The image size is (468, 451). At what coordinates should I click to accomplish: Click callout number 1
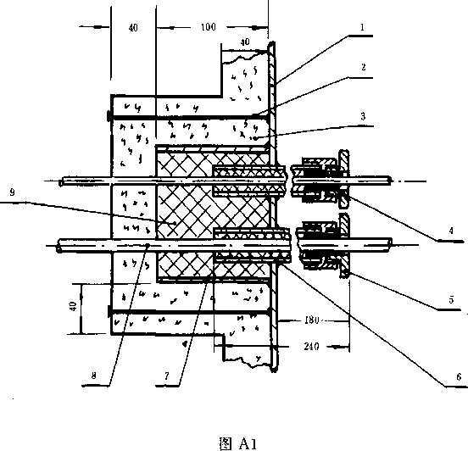[362, 27]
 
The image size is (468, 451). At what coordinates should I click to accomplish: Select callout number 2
[363, 67]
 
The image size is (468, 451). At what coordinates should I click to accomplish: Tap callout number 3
[363, 116]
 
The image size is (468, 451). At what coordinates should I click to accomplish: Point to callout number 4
[451, 231]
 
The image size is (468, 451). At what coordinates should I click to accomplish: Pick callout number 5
[451, 299]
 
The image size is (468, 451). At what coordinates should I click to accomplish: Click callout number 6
[459, 377]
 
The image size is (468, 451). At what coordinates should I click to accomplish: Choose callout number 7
[167, 376]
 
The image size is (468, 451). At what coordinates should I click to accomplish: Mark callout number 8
[94, 376]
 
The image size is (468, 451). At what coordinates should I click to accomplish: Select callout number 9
[12, 192]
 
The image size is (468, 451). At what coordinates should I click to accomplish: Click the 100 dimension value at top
[208, 27]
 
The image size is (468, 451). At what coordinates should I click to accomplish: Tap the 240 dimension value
[311, 346]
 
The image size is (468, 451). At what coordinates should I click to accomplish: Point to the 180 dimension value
[312, 320]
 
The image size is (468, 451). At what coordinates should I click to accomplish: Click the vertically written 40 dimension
[73, 307]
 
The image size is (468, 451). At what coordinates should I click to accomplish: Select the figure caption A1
[238, 443]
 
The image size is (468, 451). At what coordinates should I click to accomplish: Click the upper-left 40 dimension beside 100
[133, 27]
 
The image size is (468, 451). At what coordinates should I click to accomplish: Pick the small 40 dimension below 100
[245, 42]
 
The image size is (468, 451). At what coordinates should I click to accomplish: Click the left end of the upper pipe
[60, 181]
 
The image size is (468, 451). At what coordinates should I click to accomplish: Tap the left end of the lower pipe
[58, 245]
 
